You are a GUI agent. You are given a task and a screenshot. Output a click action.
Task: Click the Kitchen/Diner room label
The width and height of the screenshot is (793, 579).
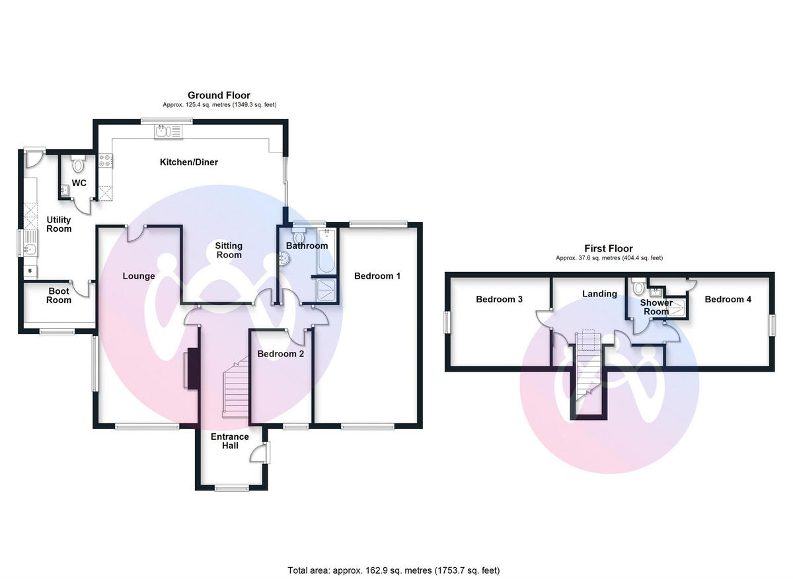[x=188, y=162]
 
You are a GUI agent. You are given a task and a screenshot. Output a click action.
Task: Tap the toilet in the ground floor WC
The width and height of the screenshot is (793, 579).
[x=78, y=164]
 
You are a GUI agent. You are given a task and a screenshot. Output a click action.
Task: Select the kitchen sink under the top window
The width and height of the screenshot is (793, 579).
[x=163, y=131]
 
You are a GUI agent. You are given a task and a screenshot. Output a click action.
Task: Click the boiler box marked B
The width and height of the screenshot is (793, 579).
[x=30, y=271]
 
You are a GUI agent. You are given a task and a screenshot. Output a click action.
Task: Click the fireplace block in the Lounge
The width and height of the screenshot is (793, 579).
[x=192, y=368]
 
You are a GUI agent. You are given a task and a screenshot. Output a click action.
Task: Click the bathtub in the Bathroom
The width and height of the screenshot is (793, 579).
[x=326, y=253]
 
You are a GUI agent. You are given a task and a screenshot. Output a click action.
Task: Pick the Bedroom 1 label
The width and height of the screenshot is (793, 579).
[x=377, y=276]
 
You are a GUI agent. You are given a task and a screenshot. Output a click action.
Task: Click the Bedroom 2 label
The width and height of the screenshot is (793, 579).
[x=281, y=354]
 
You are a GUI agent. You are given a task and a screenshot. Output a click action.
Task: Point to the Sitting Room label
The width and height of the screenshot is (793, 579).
[x=229, y=250]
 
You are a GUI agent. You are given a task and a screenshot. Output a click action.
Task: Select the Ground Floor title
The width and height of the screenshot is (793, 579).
[x=219, y=96]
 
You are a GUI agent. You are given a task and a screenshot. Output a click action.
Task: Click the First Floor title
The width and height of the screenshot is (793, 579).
[x=609, y=249]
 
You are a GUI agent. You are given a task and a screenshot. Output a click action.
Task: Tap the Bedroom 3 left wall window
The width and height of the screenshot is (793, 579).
[x=447, y=322]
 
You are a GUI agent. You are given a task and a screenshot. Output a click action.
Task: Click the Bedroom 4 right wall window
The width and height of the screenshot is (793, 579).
[x=772, y=325]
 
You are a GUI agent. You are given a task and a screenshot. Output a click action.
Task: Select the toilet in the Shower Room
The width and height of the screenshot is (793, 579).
[x=638, y=289]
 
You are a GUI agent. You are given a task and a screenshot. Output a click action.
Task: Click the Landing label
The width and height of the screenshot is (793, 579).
[x=599, y=294]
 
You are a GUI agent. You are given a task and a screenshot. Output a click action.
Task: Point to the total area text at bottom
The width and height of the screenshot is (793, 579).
[x=394, y=570]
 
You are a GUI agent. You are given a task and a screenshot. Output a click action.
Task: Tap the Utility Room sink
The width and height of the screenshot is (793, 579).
[x=29, y=250]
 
